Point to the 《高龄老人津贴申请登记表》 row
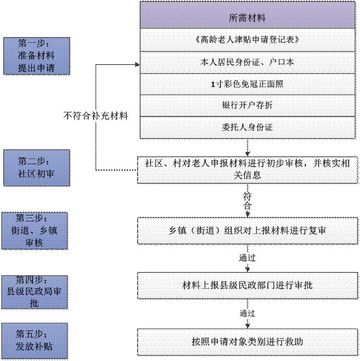click(x=247, y=39)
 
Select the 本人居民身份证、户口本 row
click(x=247, y=62)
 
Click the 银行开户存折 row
click(x=247, y=105)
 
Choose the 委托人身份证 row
click(x=247, y=127)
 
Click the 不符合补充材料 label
click(x=96, y=117)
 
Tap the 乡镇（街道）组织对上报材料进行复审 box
click(x=247, y=229)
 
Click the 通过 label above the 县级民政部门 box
click(x=247, y=258)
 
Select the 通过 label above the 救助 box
click(x=247, y=313)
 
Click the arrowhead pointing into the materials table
click(x=136, y=64)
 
